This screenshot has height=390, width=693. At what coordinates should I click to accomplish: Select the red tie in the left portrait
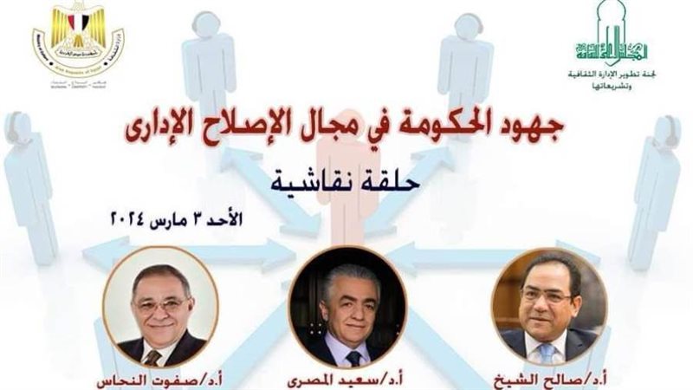[153, 355]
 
